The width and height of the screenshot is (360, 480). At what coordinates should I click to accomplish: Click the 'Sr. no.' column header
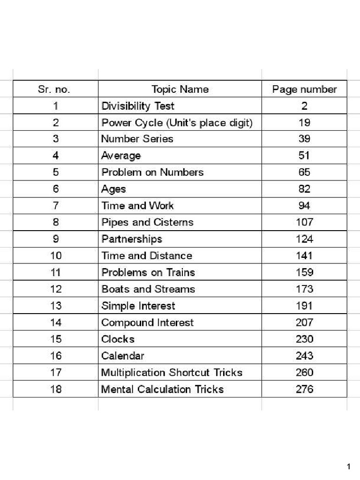pyautogui.click(x=55, y=89)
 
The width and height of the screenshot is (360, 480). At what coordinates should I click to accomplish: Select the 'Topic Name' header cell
pyautogui.click(x=180, y=89)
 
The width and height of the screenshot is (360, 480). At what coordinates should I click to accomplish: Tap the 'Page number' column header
pyautogui.click(x=304, y=89)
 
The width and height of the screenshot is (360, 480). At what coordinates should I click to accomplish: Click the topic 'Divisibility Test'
pyautogui.click(x=138, y=106)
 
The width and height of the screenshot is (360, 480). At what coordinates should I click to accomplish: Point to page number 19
pyautogui.click(x=304, y=123)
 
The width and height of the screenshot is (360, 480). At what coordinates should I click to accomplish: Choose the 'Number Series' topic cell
pyautogui.click(x=137, y=139)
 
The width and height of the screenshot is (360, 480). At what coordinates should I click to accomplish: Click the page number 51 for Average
pyautogui.click(x=304, y=156)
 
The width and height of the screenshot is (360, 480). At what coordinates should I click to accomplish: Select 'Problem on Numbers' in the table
pyautogui.click(x=152, y=172)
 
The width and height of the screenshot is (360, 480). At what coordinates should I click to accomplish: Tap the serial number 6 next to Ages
pyautogui.click(x=55, y=189)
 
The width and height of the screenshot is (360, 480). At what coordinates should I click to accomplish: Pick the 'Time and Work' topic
pyautogui.click(x=137, y=206)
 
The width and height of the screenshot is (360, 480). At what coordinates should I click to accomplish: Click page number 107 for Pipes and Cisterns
pyautogui.click(x=304, y=222)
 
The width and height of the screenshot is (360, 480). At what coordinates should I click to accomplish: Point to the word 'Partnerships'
pyautogui.click(x=132, y=239)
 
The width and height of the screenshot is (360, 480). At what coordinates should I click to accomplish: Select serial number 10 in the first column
pyautogui.click(x=55, y=256)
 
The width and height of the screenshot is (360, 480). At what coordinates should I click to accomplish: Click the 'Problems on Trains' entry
pyautogui.click(x=148, y=272)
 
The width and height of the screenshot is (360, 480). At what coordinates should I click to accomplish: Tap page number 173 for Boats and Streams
pyautogui.click(x=304, y=289)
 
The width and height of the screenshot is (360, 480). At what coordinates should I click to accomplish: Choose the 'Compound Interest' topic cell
pyautogui.click(x=147, y=322)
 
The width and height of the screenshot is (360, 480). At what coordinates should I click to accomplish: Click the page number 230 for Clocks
pyautogui.click(x=304, y=339)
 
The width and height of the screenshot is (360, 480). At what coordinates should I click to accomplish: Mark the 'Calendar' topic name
pyautogui.click(x=123, y=356)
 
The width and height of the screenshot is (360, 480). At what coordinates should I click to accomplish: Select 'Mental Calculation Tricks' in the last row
pyautogui.click(x=162, y=389)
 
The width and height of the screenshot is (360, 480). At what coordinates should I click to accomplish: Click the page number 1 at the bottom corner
pyautogui.click(x=349, y=466)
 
